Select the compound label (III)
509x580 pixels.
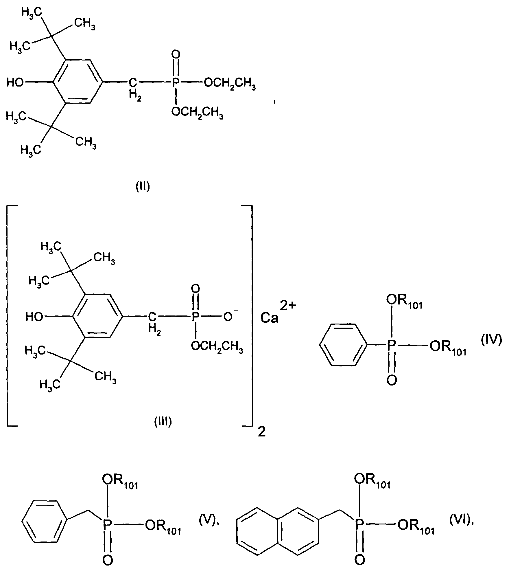click(163, 422)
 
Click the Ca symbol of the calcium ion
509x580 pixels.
click(270, 318)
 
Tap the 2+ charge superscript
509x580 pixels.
click(288, 305)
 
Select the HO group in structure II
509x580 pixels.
click(15, 83)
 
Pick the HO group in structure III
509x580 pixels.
click(34, 317)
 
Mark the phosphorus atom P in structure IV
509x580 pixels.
click(392, 345)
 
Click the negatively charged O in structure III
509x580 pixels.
click(228, 316)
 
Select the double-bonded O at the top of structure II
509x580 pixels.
click(176, 54)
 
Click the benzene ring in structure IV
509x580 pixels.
click(343, 345)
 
